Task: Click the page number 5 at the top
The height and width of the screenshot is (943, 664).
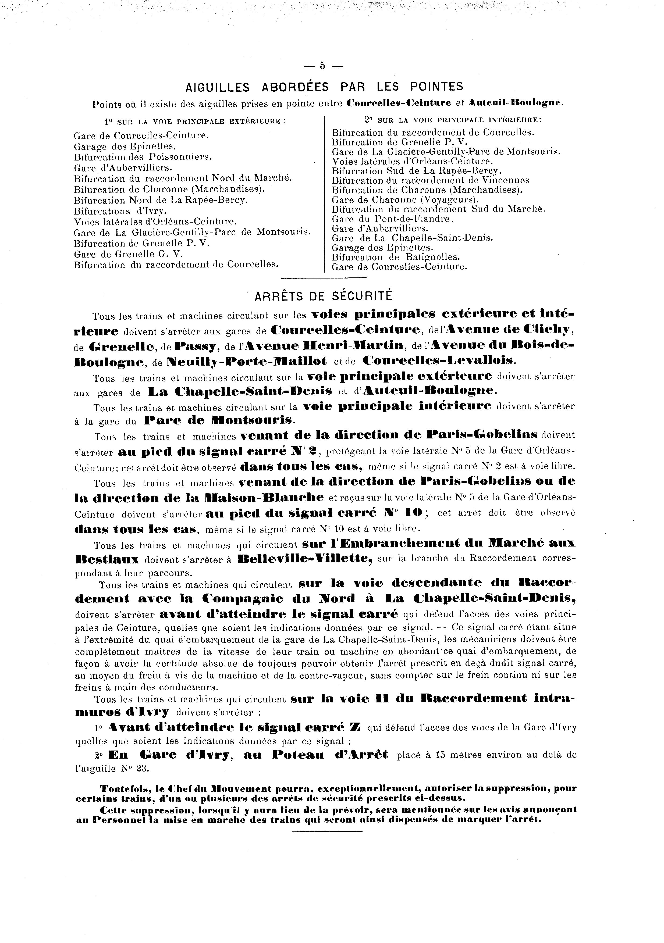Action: coord(322,65)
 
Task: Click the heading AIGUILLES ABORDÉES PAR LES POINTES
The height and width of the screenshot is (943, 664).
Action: coord(325,87)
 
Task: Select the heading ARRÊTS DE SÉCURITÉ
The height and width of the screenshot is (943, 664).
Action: coord(324,296)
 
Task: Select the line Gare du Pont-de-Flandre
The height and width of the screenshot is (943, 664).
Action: coord(392,219)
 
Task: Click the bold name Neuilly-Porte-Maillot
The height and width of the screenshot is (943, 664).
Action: coord(247,362)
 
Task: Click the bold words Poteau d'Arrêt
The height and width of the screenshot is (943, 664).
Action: coord(330,755)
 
